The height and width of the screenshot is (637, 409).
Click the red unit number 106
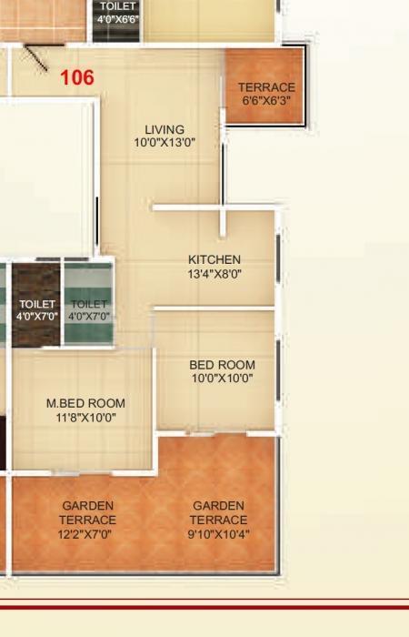tap(77, 78)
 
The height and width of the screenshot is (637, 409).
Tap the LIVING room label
tap(165, 129)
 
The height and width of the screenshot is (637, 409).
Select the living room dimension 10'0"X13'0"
tap(165, 143)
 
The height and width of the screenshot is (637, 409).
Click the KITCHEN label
tap(214, 259)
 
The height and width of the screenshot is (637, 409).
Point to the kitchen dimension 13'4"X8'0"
tap(214, 273)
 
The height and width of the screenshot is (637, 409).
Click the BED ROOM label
tap(222, 365)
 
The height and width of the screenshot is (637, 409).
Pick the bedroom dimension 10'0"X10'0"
tap(222, 379)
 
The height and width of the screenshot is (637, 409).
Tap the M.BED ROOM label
tap(85, 403)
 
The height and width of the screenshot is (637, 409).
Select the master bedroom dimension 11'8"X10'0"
tap(85, 418)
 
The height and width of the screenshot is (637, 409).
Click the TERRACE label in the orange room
tap(266, 87)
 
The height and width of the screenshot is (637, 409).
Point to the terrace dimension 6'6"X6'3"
tap(266, 100)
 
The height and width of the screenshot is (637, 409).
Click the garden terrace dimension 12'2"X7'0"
tap(88, 534)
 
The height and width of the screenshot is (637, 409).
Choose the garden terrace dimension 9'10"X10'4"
tap(218, 534)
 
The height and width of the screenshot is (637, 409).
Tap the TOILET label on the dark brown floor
tap(37, 304)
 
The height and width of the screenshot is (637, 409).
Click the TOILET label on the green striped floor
tap(89, 304)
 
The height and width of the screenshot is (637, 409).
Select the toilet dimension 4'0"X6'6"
tap(118, 18)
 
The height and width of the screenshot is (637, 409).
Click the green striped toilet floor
tap(89, 332)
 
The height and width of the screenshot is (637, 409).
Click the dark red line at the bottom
tap(204, 604)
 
